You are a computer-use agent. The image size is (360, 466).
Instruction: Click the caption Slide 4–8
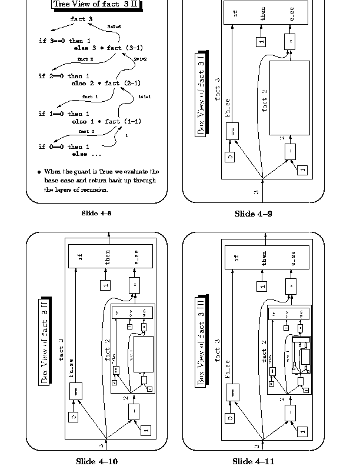(x=96, y=213)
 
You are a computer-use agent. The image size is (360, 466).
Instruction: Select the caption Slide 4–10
(x=96, y=461)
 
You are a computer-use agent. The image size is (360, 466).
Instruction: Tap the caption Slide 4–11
(x=253, y=461)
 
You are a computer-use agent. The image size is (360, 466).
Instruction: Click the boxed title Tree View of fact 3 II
(x=99, y=5)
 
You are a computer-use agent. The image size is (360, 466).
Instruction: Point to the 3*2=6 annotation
(x=115, y=27)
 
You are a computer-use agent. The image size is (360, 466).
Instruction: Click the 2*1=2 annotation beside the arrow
(x=140, y=59)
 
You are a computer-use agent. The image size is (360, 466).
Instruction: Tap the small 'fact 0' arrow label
(x=86, y=131)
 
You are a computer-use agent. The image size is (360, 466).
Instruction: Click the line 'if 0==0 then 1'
(x=64, y=147)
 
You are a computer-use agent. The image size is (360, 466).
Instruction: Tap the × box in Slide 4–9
(x=289, y=41)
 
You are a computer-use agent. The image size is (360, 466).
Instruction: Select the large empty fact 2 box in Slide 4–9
(x=289, y=98)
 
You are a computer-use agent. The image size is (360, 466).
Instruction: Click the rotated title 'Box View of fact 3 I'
(x=201, y=97)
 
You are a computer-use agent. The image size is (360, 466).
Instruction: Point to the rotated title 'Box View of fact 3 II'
(x=45, y=341)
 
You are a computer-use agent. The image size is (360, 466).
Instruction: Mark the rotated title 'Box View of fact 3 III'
(x=201, y=341)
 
